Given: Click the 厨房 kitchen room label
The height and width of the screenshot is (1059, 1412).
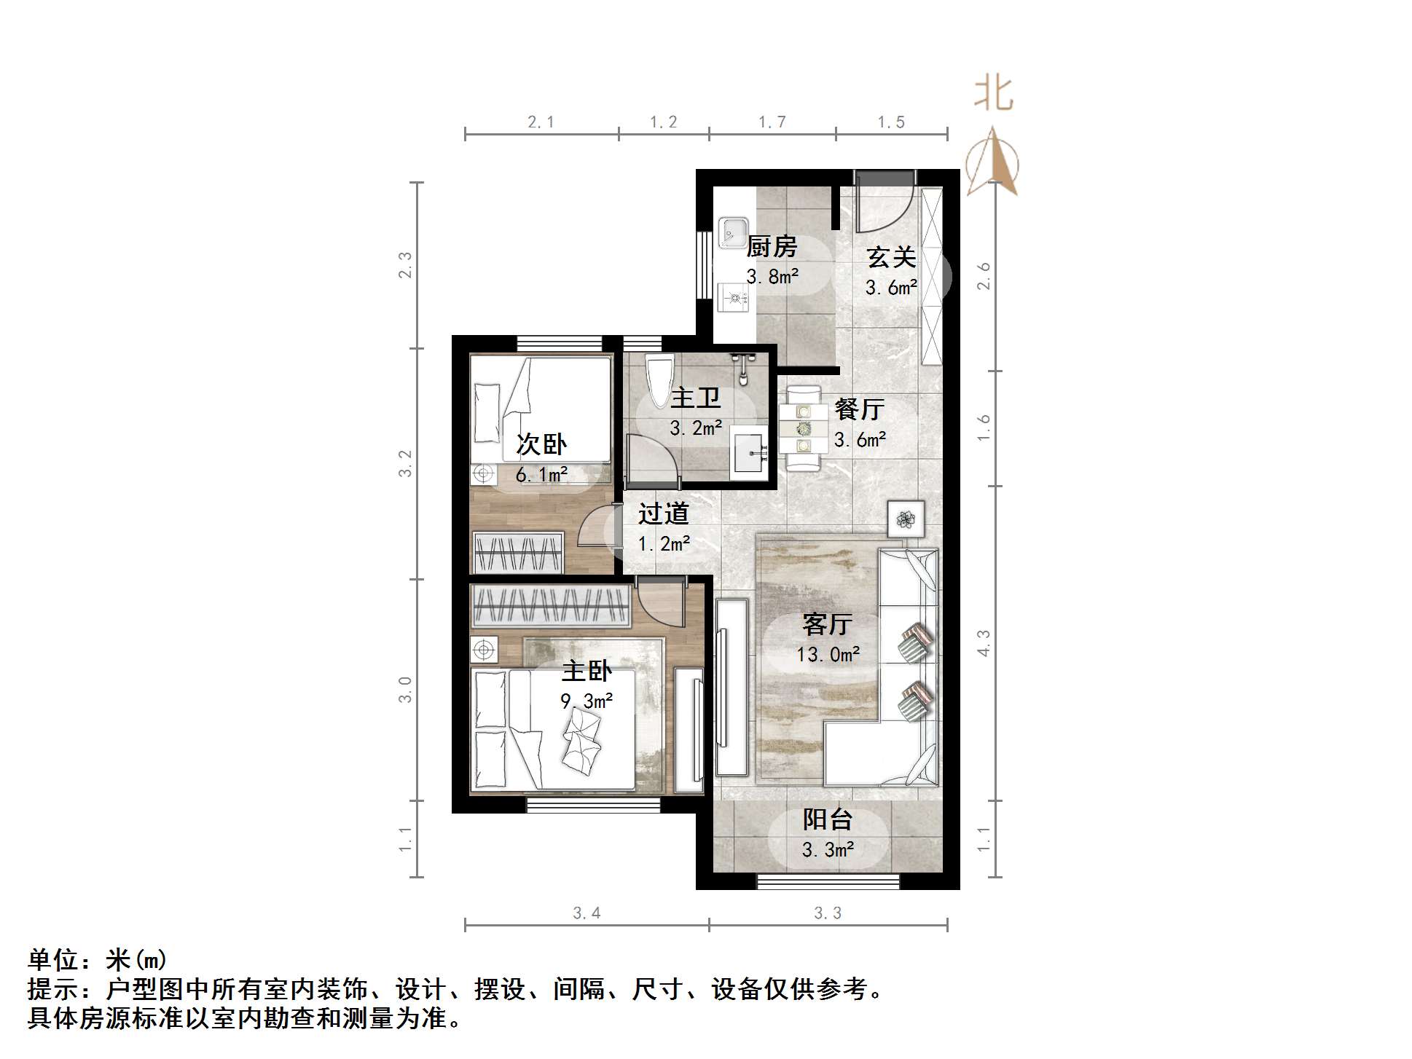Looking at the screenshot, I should coord(772,247).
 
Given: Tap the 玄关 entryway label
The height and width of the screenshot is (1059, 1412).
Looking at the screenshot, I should coord(890,257).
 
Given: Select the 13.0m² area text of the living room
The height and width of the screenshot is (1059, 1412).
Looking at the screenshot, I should coord(828,654).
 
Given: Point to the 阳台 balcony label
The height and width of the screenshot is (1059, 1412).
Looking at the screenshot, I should coord(827,819).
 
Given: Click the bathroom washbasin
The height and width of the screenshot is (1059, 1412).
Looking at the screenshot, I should coord(749,453).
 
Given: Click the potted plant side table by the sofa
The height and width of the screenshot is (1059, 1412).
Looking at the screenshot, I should coord(906,519).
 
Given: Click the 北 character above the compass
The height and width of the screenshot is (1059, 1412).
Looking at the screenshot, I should coord(994,94).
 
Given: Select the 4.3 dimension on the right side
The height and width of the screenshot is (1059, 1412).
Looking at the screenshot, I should coord(984,643).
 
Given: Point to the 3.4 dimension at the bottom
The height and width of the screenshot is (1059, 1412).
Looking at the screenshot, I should coord(587,913).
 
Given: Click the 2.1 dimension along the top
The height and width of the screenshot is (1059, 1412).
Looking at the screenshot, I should coord(541,122).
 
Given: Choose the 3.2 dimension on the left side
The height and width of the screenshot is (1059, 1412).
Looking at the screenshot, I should coord(405,463).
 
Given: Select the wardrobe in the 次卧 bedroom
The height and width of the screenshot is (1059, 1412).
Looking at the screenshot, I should coord(518,552).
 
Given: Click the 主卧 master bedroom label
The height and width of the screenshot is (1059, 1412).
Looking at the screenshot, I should coord(587,670).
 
